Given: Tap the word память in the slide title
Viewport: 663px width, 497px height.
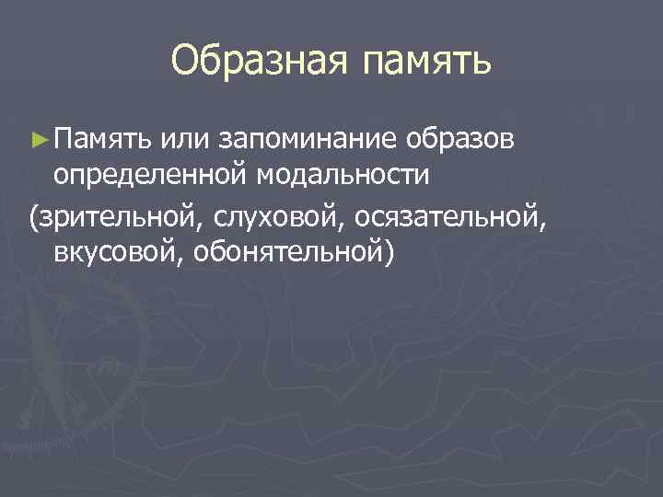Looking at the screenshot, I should [x=427, y=62].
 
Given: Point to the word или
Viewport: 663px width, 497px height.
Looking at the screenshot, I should [x=184, y=139].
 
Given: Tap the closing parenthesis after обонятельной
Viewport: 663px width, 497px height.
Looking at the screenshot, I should [x=389, y=252].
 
